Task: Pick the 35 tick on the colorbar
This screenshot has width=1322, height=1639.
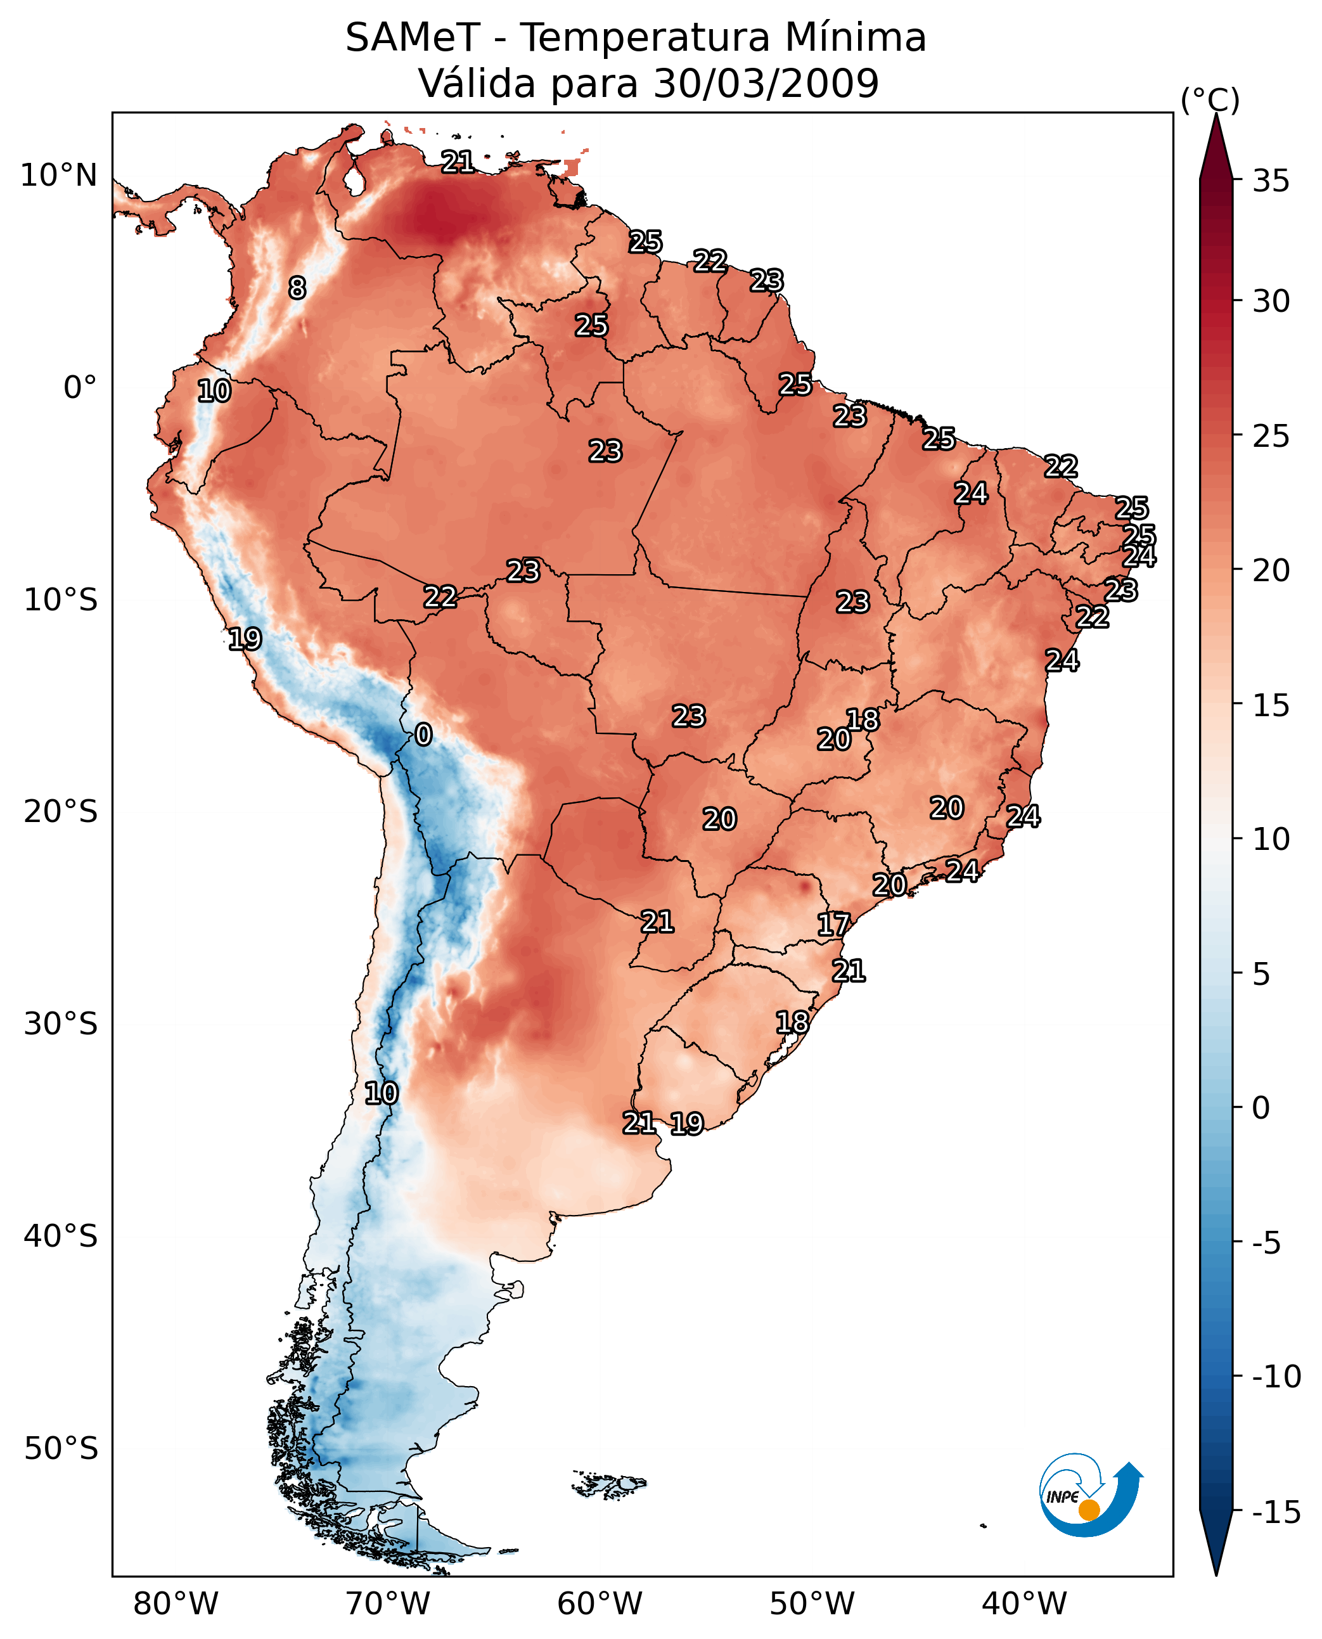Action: pyautogui.click(x=1271, y=181)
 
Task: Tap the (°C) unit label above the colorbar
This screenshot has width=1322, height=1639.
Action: pyautogui.click(x=1210, y=100)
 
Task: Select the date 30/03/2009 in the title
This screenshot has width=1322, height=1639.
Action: pyautogui.click(x=766, y=83)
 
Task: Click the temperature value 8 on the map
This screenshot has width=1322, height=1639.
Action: pyautogui.click(x=297, y=288)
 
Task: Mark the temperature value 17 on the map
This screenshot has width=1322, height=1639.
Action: pyautogui.click(x=833, y=925)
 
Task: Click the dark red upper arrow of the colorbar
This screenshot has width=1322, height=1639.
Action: pyautogui.click(x=1216, y=148)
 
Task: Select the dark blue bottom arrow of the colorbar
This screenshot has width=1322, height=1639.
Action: pyautogui.click(x=1216, y=1546)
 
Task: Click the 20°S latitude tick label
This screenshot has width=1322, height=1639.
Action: pyautogui.click(x=60, y=812)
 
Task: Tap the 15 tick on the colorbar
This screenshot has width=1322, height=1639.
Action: pyautogui.click(x=1271, y=705)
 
